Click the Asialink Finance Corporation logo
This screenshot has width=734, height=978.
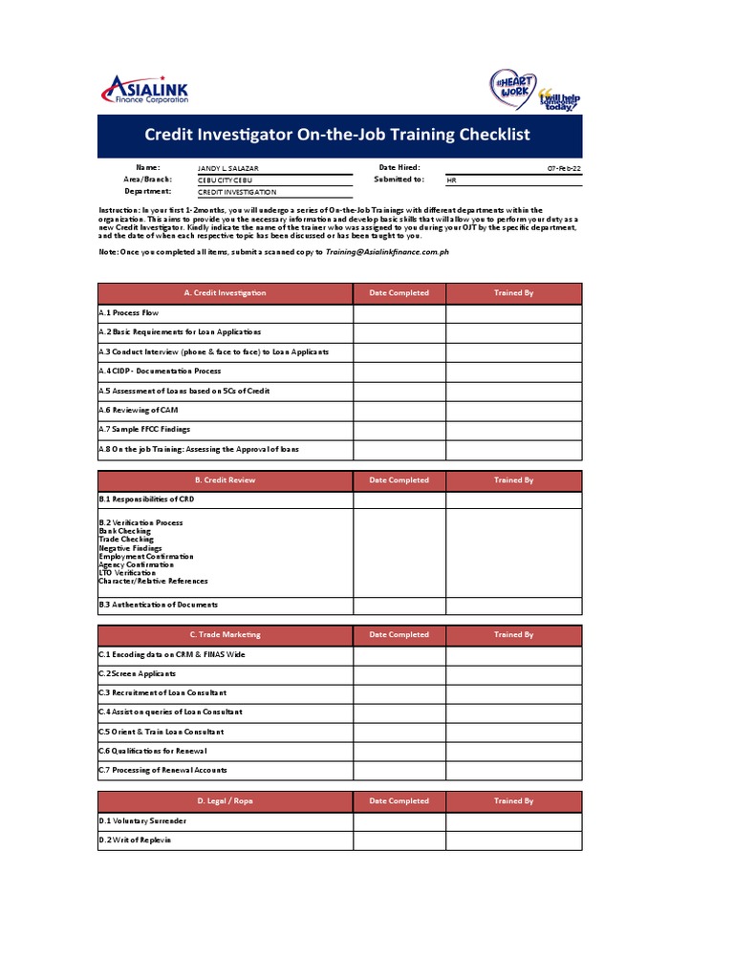click(x=145, y=91)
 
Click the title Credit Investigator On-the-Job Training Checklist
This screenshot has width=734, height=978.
click(x=337, y=135)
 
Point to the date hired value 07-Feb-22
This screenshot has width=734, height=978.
click(x=564, y=168)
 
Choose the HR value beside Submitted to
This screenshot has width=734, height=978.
click(x=452, y=180)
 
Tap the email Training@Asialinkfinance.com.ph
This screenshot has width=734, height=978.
click(x=387, y=251)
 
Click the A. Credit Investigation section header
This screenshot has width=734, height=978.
click(x=225, y=293)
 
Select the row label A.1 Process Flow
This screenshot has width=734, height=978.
click(x=129, y=313)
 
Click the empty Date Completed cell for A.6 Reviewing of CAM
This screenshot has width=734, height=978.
click(x=399, y=411)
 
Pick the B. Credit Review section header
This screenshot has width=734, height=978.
click(x=225, y=480)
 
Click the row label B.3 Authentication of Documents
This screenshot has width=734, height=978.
click(x=159, y=605)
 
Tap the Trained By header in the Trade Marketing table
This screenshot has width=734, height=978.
click(x=513, y=634)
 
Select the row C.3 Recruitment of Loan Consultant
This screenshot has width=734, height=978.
click(x=162, y=692)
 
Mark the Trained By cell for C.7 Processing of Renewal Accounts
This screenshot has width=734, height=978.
click(x=513, y=770)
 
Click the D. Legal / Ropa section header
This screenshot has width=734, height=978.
click(x=225, y=801)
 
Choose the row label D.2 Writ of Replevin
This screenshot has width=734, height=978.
click(x=135, y=840)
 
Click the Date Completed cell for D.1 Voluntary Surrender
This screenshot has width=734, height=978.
click(x=399, y=821)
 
